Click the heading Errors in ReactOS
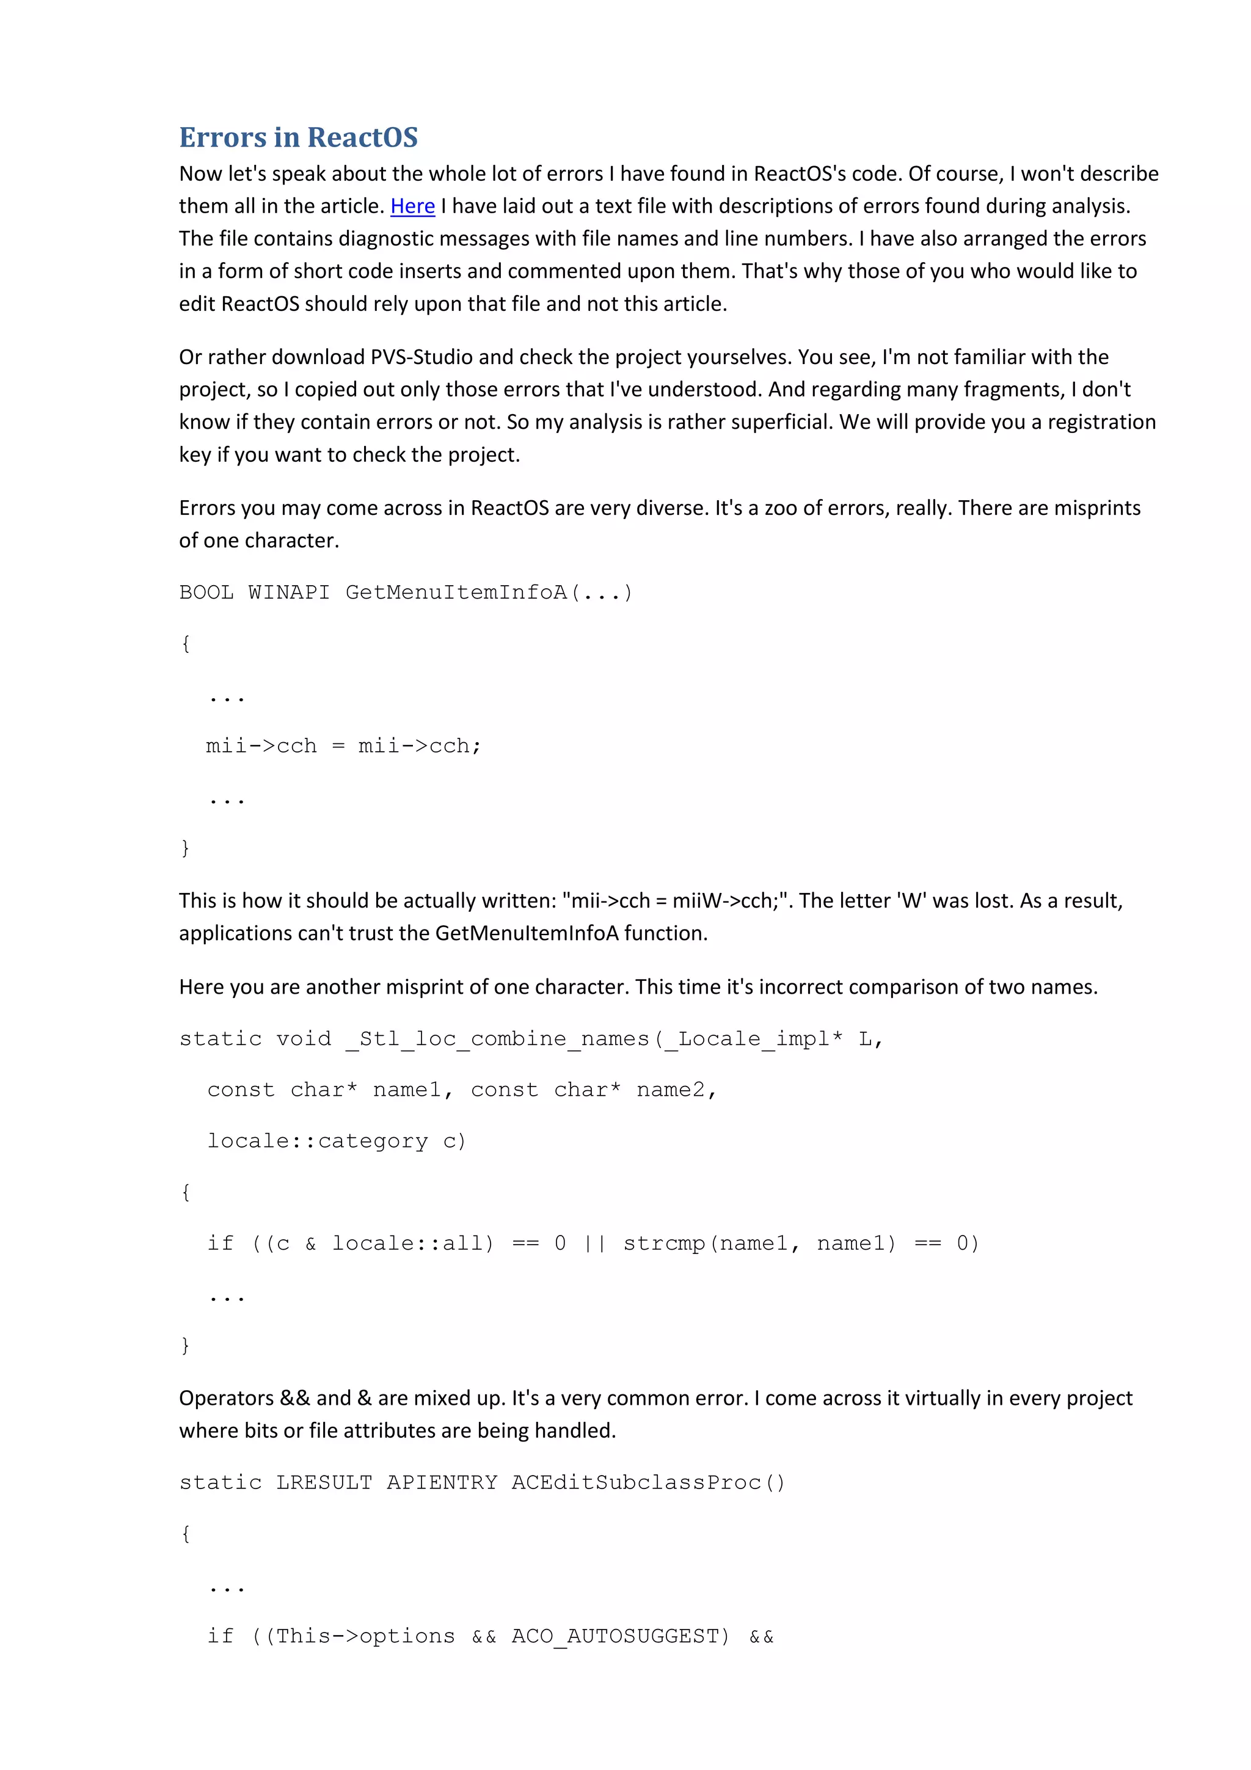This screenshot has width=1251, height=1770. [x=298, y=137]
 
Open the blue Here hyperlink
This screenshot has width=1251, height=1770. [x=412, y=206]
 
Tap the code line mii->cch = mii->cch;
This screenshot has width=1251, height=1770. [x=343, y=746]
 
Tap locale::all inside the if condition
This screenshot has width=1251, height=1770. [x=412, y=1243]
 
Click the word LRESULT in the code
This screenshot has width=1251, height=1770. [x=324, y=1482]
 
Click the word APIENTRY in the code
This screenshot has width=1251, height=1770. [x=442, y=1482]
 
